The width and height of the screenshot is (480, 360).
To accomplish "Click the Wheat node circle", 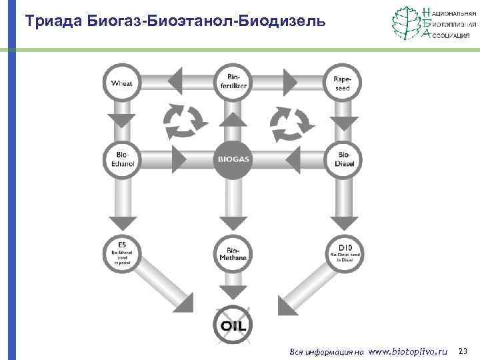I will click(x=121, y=83).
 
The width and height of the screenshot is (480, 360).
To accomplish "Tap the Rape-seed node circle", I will click(x=342, y=83).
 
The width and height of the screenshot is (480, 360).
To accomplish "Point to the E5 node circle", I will click(x=121, y=254).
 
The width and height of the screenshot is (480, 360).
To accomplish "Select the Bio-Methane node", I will click(x=233, y=254).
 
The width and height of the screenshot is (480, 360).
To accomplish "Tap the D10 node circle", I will click(x=343, y=254).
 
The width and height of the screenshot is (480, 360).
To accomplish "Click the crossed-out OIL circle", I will click(x=233, y=325).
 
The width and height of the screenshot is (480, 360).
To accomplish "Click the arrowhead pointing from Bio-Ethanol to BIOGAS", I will click(x=179, y=159).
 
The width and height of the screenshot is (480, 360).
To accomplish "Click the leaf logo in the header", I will click(x=406, y=23).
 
